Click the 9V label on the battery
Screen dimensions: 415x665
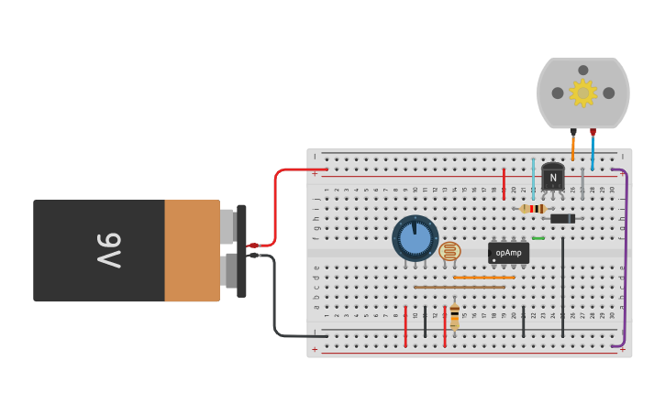109,250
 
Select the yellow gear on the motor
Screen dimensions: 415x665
582,93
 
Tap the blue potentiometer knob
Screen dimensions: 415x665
416,238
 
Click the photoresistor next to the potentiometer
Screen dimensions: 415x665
449,251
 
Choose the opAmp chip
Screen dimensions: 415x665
508,252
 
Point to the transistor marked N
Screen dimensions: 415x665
552,177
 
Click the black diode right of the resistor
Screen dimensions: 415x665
562,218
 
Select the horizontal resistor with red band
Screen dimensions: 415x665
533,209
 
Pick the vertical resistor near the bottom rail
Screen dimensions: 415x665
454,317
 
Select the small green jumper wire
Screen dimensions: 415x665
538,238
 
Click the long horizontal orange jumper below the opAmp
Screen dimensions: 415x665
484,277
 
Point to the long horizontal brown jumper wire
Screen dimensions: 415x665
459,287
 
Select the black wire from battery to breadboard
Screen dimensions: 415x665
275,302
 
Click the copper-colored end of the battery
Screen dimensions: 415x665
192,250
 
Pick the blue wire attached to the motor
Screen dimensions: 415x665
593,151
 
